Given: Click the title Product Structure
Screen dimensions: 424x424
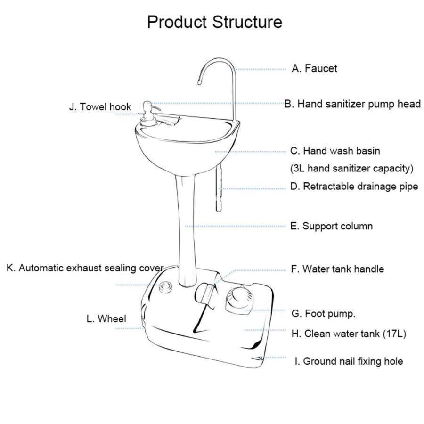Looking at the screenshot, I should (215, 22).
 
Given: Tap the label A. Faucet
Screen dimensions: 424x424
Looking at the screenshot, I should (314, 68).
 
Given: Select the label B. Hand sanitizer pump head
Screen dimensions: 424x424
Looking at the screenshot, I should (352, 104).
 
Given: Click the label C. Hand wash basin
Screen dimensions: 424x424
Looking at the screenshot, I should (335, 151).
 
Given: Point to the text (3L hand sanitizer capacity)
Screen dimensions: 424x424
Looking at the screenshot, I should (351, 168).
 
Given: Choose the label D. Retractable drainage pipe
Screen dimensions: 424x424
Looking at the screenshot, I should (354, 186).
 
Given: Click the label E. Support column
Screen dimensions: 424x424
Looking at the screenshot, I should (331, 226).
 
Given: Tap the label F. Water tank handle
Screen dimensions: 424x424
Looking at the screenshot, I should (337, 269).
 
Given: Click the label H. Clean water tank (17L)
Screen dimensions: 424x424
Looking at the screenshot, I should (348, 334).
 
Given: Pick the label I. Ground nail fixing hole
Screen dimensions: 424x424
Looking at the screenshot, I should (349, 361).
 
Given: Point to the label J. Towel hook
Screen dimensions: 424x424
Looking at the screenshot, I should (100, 106).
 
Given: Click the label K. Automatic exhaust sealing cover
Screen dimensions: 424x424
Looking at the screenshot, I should (85, 268).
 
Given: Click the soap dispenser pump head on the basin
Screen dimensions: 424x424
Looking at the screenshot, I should (147, 104).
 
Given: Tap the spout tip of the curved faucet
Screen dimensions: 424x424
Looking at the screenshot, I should (199, 83).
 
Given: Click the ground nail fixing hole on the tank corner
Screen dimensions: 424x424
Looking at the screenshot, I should (260, 358).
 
